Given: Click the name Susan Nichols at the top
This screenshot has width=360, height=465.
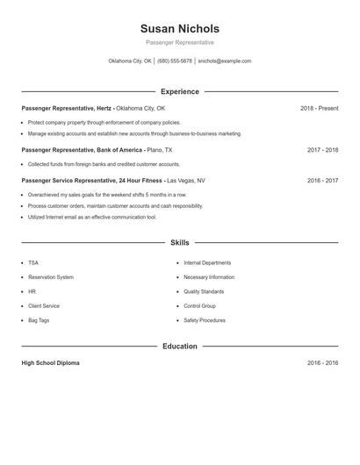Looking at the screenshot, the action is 179,28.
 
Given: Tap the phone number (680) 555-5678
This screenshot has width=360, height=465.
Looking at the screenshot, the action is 176,61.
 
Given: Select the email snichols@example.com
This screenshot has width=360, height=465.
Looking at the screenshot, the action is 225,61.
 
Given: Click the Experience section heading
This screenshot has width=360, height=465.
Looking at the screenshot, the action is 179,91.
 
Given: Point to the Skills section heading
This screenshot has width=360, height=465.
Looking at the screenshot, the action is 179,242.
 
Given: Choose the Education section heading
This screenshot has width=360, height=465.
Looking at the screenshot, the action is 179,347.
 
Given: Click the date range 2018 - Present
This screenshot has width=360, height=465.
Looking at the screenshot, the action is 319,108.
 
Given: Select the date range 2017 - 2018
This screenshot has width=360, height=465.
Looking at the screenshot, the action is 322,150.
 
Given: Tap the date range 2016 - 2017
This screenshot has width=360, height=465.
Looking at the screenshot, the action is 322,180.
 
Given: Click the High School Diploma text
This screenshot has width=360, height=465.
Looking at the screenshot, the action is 50,363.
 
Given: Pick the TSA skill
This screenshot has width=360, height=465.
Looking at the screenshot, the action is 33,262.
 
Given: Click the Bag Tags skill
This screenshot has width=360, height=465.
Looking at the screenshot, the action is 39,320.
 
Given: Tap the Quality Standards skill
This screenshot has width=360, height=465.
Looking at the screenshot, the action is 204,291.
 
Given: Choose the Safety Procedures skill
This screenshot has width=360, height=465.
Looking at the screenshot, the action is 205,320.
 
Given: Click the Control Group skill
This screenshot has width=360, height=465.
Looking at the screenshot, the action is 199,306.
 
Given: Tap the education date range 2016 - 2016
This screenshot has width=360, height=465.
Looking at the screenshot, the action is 322,363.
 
